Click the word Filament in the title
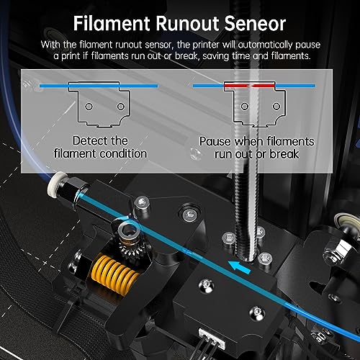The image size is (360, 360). (112, 24)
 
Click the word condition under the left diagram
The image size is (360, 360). (123, 153)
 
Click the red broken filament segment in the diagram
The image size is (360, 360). (249, 85)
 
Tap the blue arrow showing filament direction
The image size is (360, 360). (240, 267)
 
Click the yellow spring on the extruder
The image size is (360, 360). (114, 271)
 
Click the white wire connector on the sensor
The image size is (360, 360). (212, 338)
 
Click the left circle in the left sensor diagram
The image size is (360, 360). (89, 107)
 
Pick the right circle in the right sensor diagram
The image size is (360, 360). (276, 107)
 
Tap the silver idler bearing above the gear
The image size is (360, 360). (128, 230)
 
